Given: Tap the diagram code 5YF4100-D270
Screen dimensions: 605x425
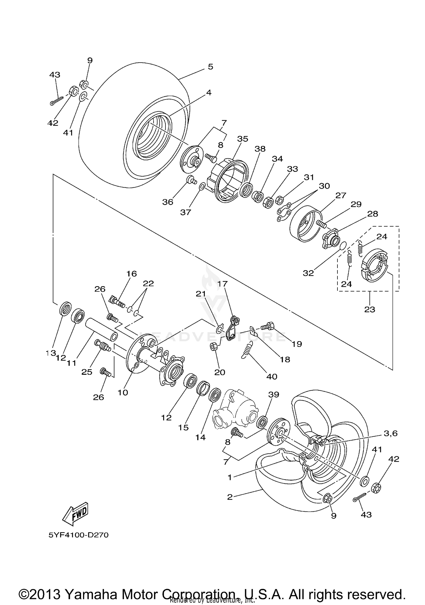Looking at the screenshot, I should coord(78,535).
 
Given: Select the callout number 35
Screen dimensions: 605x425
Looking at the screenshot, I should coord(243,139).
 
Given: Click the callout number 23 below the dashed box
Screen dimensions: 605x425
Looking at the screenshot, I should coord(369,309).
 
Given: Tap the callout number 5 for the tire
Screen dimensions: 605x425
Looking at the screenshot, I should coord(210,67).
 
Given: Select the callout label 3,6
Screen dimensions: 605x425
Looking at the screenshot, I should coord(390,433).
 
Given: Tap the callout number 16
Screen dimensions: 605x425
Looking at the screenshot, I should coord(131,274).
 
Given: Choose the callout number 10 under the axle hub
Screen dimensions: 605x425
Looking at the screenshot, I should coord(123,393).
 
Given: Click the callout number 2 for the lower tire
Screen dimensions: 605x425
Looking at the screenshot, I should coord(229,497).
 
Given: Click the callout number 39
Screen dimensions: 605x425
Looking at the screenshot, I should coord(274,395).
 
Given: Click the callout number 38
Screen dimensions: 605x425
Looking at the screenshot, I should coord(260,149).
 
